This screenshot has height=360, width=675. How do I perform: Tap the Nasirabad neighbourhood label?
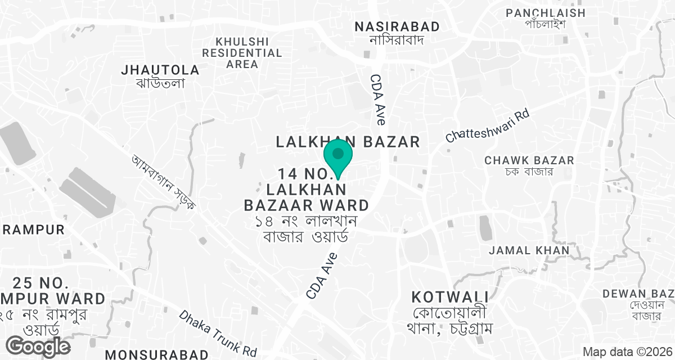397,26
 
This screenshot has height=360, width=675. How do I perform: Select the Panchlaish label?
546,12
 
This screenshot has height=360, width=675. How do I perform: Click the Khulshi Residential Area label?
242,53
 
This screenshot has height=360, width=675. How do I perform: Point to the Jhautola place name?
161,70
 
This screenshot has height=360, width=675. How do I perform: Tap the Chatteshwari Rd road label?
488,125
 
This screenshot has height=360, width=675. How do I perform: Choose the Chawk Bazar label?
529,160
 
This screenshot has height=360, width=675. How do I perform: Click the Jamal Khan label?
529,250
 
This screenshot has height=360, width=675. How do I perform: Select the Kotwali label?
449,296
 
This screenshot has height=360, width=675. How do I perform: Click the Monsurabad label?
157,354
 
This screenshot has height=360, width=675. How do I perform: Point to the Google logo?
39,346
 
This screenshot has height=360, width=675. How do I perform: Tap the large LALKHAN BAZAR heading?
348,142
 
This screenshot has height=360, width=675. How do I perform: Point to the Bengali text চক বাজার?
529,172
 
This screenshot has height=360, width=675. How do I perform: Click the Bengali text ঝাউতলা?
161,83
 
